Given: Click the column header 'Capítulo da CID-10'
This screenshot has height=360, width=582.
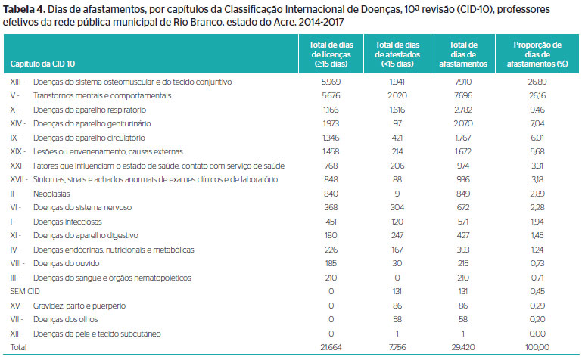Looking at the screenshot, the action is click(42, 64).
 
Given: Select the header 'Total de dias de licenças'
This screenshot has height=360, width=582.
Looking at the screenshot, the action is click(331, 54).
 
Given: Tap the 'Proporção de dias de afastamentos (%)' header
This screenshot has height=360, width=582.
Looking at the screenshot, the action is click(537, 54).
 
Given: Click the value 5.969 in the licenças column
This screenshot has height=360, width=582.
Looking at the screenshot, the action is click(331, 82).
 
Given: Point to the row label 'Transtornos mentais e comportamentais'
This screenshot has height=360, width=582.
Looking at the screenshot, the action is click(102, 95).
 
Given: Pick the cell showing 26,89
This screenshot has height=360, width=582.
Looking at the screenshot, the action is click(537, 82).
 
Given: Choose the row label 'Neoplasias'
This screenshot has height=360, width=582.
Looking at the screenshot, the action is click(51, 194).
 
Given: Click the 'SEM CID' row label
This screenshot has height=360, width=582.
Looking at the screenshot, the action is click(25, 291).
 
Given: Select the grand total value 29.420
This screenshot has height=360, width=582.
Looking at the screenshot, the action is click(463, 347).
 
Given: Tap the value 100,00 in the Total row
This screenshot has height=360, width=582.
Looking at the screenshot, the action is click(537, 347).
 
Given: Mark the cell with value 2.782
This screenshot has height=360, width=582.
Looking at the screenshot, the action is click(463, 110).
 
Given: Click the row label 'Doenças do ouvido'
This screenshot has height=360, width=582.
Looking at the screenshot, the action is click(67, 264).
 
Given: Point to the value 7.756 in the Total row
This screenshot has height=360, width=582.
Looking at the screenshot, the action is click(397, 347).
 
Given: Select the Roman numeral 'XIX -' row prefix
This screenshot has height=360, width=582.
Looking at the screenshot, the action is click(18, 151).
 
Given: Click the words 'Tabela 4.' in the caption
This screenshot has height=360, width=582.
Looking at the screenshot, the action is click(24, 9).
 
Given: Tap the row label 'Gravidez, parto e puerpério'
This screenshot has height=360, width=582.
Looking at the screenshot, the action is click(79, 306).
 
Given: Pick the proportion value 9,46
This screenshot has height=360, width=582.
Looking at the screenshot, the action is click(537, 110).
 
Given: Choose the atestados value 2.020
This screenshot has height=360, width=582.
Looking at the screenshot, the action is click(397, 95).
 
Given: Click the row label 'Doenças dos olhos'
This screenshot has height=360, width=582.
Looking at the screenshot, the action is click(66, 320).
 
